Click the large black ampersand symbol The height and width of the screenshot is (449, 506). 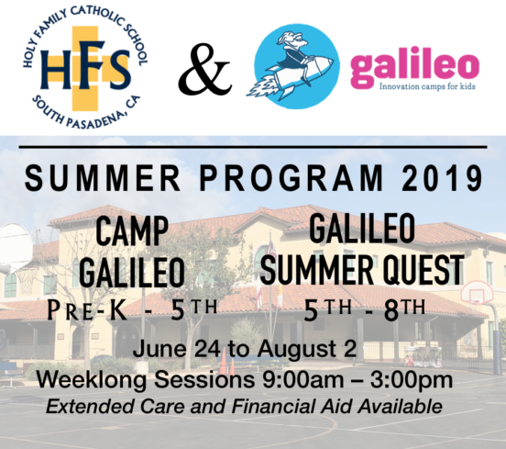204,69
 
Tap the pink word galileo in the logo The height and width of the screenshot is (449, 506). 414,68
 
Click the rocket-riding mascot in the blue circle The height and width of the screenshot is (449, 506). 296,66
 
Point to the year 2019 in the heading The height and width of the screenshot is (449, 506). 442,178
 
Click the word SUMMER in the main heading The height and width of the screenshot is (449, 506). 103,178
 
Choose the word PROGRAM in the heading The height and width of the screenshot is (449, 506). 291,178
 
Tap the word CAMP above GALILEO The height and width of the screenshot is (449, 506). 132,230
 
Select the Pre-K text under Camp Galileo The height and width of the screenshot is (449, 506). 87,310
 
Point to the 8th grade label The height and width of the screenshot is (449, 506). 404,310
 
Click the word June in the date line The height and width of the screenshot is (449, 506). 159,350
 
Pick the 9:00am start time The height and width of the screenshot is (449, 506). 302,379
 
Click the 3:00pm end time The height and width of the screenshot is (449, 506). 411,381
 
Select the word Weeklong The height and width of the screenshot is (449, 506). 92,381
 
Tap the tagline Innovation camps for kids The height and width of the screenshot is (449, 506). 427,86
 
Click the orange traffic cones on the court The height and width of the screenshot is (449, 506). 227,362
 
